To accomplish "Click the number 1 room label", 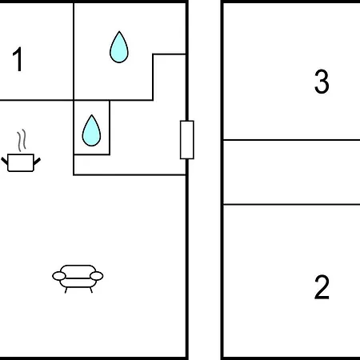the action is pyautogui.click(x=18, y=59).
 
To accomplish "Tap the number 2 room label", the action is pyautogui.click(x=322, y=287).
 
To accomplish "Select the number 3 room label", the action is pyautogui.click(x=322, y=82).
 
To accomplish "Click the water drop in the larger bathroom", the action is pyautogui.click(x=119, y=47).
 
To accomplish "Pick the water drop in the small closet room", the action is pyautogui.click(x=91, y=130).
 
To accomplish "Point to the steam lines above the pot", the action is pyautogui.click(x=22, y=140).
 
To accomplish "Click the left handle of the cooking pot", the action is pyautogui.click(x=5, y=161).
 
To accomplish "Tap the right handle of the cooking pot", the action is pyautogui.click(x=37, y=162).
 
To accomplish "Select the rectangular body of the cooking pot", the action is pyautogui.click(x=21, y=162).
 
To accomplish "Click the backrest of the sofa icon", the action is pyautogui.click(x=78, y=270).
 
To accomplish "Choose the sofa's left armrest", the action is pyautogui.click(x=59, y=276).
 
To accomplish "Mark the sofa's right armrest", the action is pyautogui.click(x=97, y=276).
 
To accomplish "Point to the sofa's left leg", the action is pyautogui.click(x=66, y=290).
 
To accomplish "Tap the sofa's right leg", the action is pyautogui.click(x=91, y=290).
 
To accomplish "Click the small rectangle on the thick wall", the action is pyautogui.click(x=187, y=140).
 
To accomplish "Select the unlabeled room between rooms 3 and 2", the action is pyautogui.click(x=291, y=172).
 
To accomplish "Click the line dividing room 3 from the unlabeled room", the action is pyautogui.click(x=291, y=140).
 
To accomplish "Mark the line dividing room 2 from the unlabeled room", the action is pyautogui.click(x=291, y=205).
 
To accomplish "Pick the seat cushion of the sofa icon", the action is pyautogui.click(x=78, y=282).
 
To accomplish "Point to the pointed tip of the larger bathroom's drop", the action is pyautogui.click(x=119, y=31).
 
